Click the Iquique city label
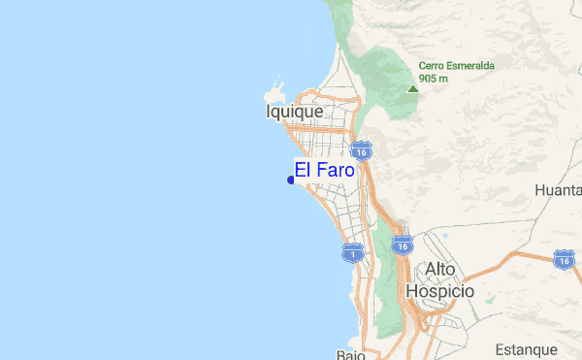294,113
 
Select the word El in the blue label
303,170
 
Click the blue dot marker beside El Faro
291,179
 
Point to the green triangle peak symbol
412,88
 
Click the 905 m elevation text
434,79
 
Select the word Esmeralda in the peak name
470,66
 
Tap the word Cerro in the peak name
432,66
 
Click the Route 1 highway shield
352,253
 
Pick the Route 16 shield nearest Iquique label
361,152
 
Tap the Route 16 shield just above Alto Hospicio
403,245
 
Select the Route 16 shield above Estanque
564,258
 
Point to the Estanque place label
525,349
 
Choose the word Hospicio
440,290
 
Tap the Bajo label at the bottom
350,354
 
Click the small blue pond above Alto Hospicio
444,236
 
